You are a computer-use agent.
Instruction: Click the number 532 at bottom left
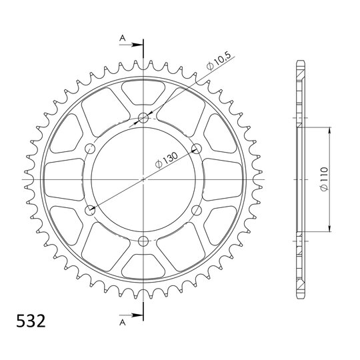31,321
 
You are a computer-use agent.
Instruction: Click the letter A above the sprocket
123,38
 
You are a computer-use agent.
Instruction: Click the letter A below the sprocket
123,323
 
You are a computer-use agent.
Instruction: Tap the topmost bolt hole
143,118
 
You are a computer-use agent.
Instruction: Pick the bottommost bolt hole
143,241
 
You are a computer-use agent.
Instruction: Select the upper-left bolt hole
90,149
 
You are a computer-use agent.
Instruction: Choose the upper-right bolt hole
197,149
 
